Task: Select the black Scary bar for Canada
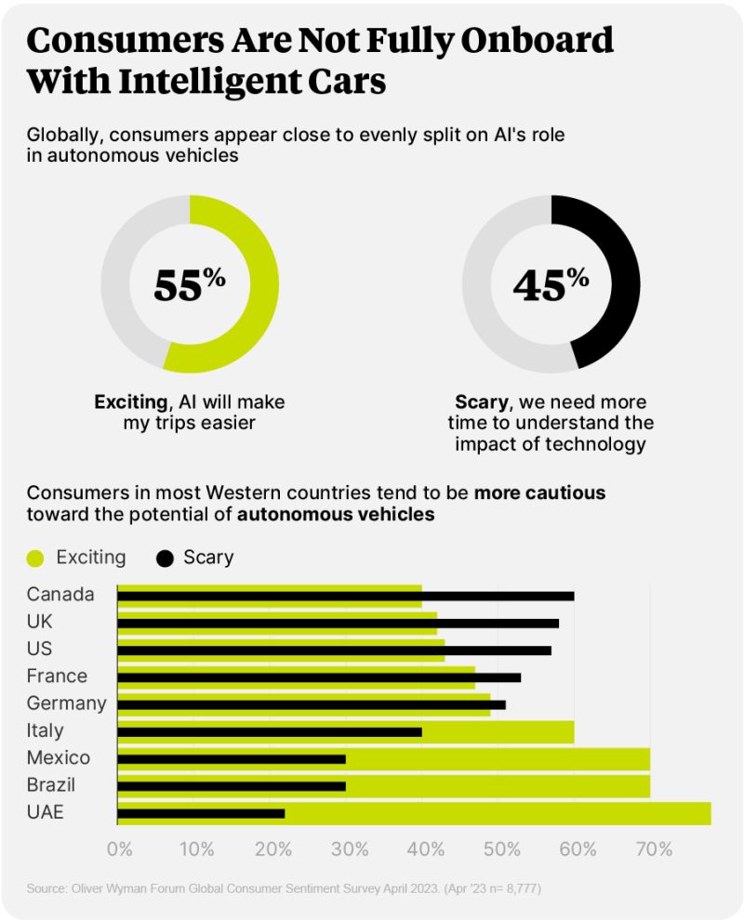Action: pos(345,596)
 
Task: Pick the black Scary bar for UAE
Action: pos(201,813)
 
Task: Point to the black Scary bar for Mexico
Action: pos(232,758)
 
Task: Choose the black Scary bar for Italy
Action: pos(270,731)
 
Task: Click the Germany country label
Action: pos(66,703)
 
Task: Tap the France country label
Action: pos(57,676)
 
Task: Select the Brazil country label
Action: pos(51,785)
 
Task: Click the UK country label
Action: pos(39,622)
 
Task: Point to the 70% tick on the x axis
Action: pos(653,848)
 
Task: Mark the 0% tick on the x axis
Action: pos(119,848)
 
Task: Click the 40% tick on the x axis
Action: pos(424,848)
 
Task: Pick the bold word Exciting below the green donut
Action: pos(130,402)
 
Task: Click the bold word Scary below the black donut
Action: pos(480,402)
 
